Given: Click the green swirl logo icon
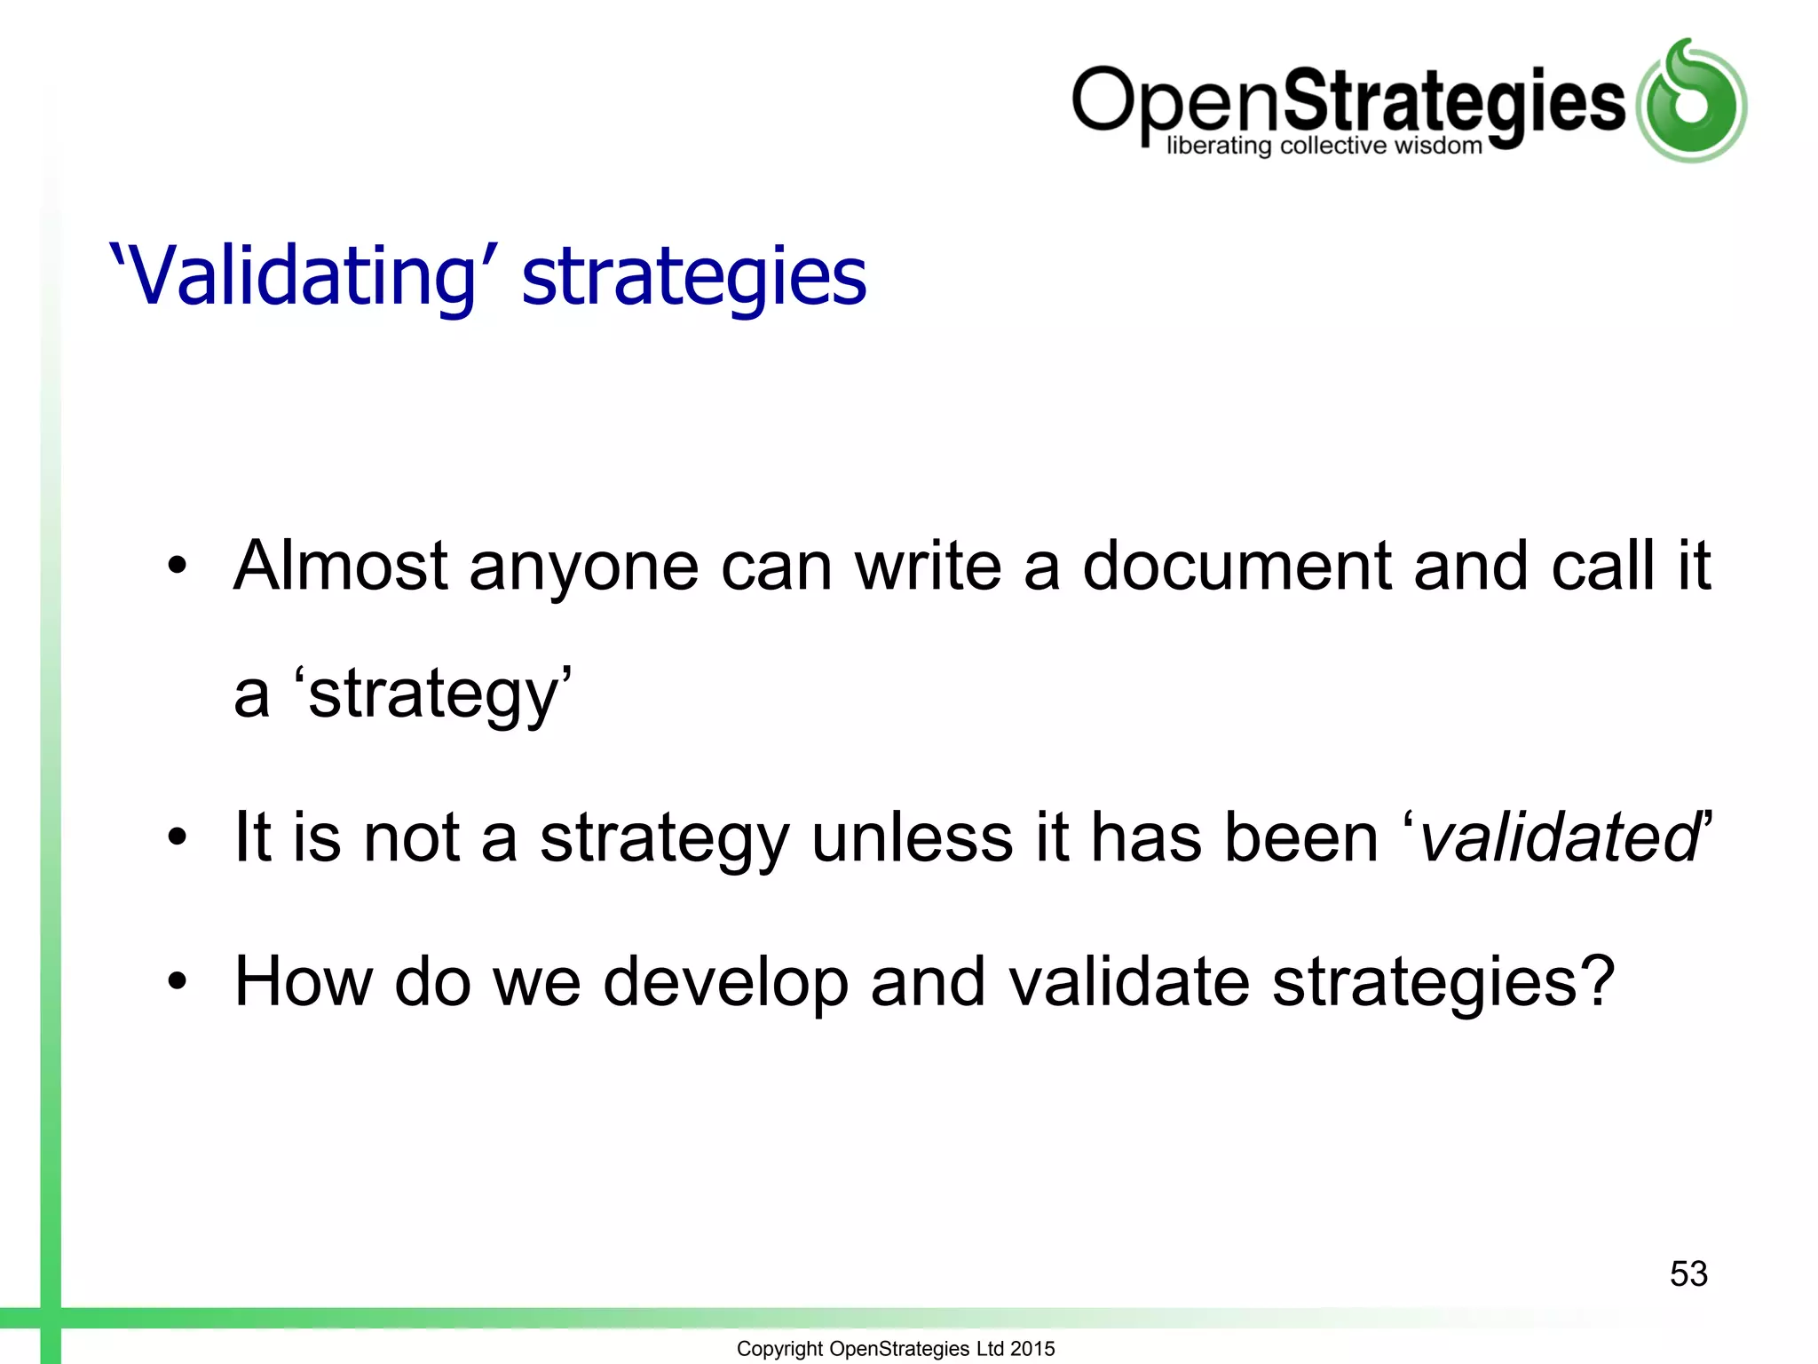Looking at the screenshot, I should click(x=1691, y=101).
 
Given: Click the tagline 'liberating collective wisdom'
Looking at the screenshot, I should click(x=1324, y=145).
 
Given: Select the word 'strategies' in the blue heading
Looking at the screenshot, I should click(x=693, y=278).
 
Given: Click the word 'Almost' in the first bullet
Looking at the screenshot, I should click(x=341, y=566).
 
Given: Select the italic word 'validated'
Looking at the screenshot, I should click(x=1559, y=837).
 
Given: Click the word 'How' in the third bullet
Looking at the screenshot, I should click(x=303, y=981).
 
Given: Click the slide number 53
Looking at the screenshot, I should click(x=1688, y=1273).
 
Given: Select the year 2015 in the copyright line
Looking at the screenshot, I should click(x=1032, y=1348).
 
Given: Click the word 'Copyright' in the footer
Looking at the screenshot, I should click(x=779, y=1349).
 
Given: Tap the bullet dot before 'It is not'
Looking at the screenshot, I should click(x=178, y=837).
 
